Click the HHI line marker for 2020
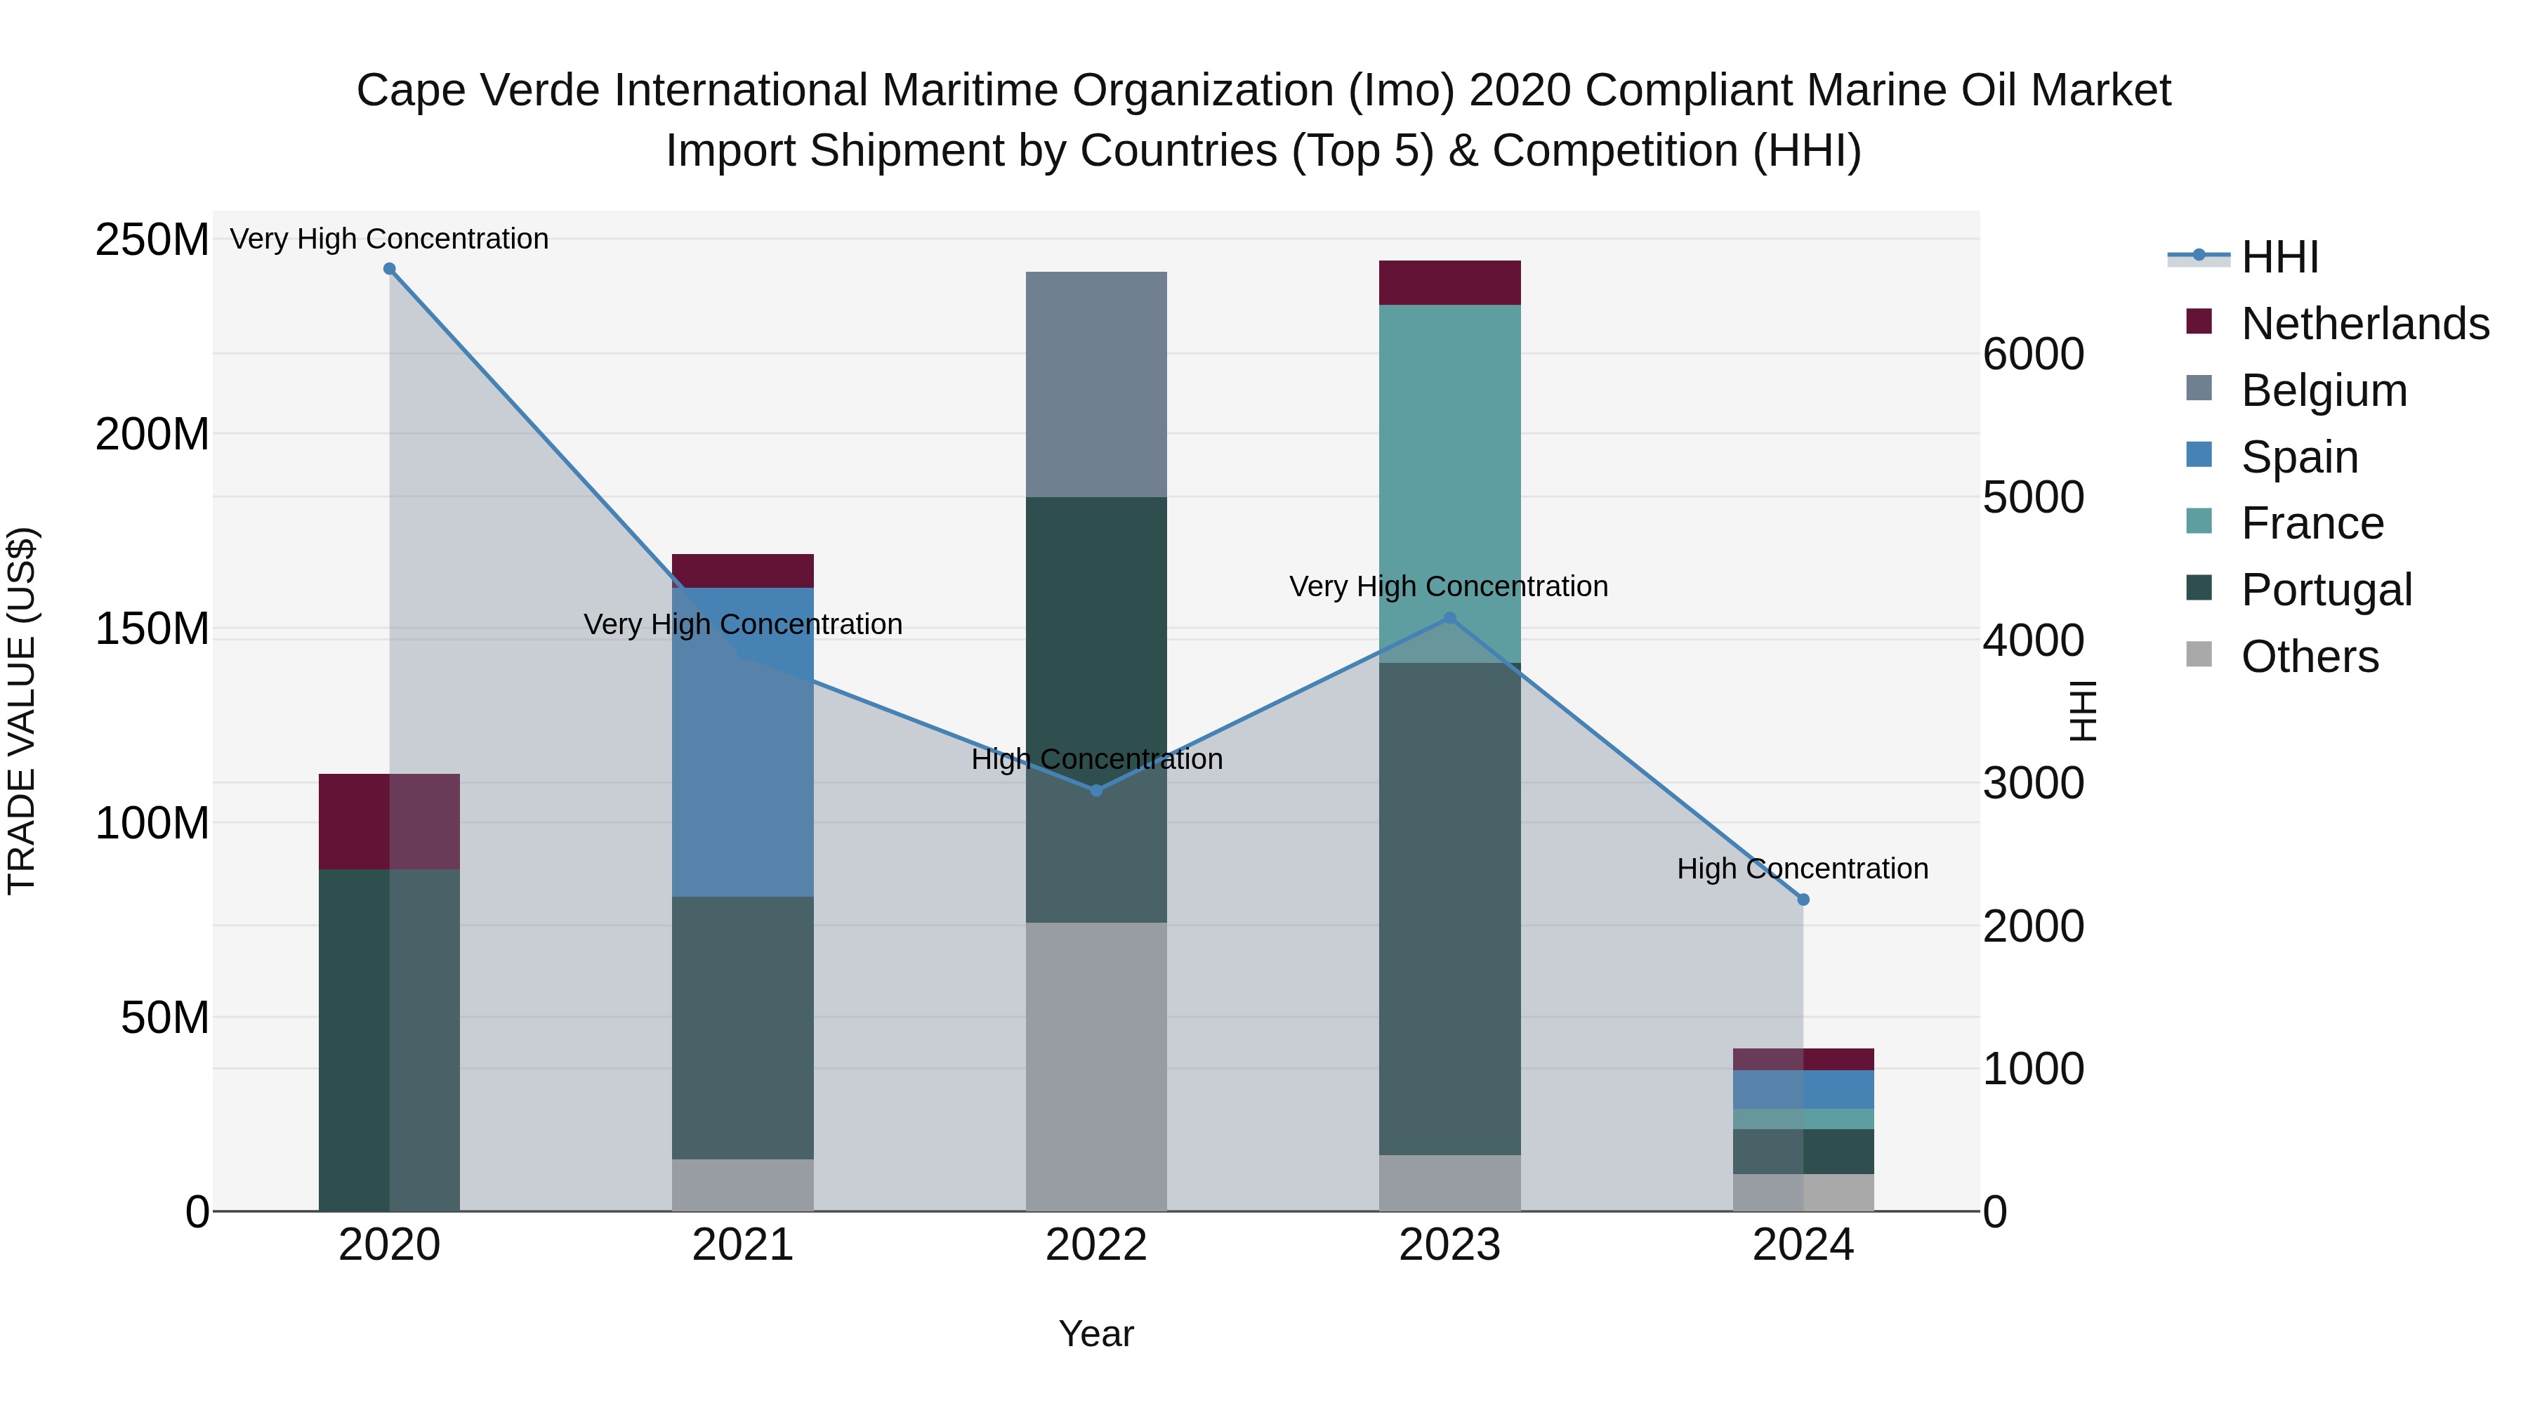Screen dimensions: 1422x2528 click(390, 269)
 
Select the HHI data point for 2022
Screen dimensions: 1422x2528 click(1096, 790)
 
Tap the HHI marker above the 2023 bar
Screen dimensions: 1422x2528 click(1449, 618)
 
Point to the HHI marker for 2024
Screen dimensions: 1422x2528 click(1803, 899)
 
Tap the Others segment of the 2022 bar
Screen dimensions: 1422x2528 click(1096, 1066)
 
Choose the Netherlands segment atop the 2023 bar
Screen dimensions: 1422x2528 click(1449, 282)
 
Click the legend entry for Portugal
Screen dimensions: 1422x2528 click(2326, 590)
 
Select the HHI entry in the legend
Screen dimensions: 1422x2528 click(2279, 257)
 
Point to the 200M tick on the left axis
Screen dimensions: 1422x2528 click(152, 434)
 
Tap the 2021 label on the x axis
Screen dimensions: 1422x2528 click(743, 1245)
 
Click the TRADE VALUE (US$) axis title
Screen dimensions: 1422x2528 click(22, 711)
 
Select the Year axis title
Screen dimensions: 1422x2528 click(1096, 1334)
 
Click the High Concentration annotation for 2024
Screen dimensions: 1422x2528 click(1803, 869)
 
